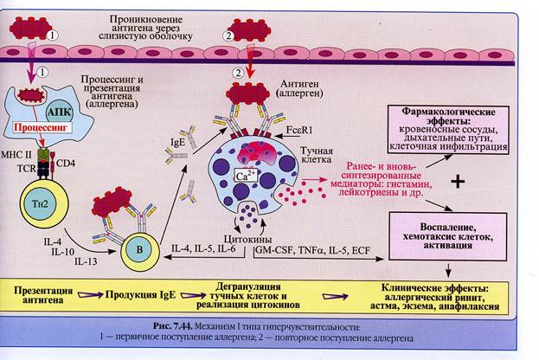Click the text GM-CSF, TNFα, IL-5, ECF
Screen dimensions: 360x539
tap(310, 250)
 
